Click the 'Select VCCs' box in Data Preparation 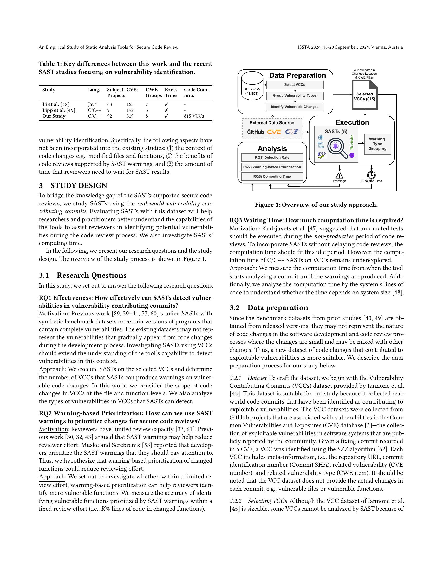tap(295, 84)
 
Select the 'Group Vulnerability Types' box tap(295, 96)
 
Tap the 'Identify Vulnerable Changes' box tap(295, 107)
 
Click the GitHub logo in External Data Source tap(255, 132)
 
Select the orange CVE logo tap(274, 132)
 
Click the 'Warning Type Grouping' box tap(377, 144)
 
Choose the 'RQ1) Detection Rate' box tap(272, 157)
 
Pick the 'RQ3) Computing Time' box tap(272, 177)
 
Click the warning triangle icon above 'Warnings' tap(339, 175)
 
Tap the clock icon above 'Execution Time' tap(371, 175)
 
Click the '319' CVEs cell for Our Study tap(130, 116)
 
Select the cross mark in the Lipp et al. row tap(166, 110)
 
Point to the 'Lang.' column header tap(94, 90)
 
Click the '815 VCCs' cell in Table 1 tap(194, 116)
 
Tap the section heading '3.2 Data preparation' tap(269, 308)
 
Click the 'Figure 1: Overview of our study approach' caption tap(316, 205)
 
